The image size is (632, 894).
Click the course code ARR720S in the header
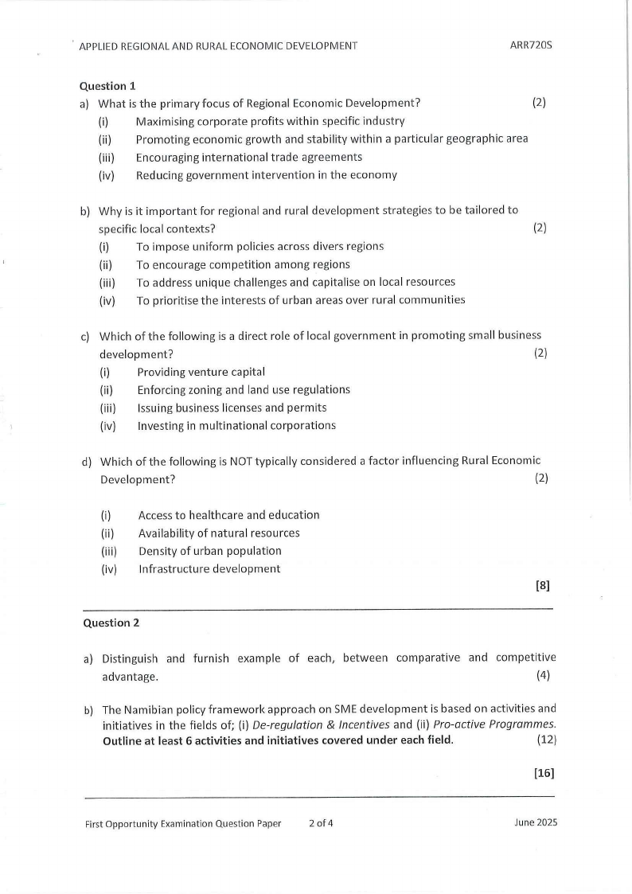531,45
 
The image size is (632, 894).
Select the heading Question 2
111,623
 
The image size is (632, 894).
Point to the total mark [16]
544,772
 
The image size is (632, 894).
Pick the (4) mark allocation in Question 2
544,677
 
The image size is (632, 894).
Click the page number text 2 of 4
321,824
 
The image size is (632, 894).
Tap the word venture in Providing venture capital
209,372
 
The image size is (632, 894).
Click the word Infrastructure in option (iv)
175,569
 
